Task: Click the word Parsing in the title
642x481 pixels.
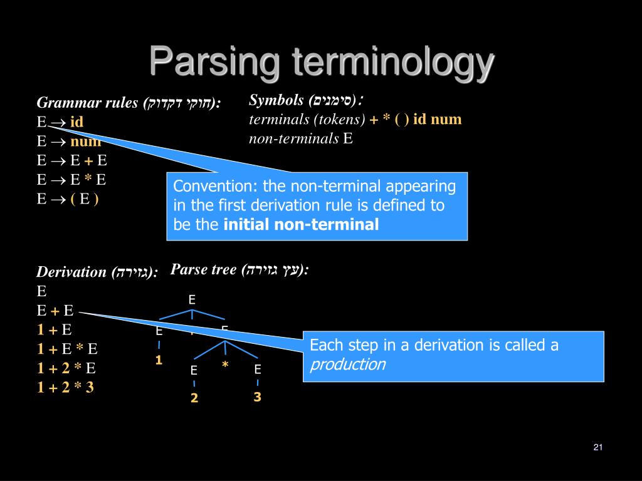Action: [x=214, y=63]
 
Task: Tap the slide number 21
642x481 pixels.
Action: [x=597, y=447]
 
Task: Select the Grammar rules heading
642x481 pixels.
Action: [x=129, y=103]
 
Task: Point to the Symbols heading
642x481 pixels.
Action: [x=307, y=100]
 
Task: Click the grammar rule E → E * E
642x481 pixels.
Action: [x=71, y=180]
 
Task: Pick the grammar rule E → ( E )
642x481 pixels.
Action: [x=68, y=199]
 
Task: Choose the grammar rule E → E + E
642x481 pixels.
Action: [x=71, y=160]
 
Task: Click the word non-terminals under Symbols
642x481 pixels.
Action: [x=293, y=138]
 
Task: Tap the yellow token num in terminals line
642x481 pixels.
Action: [x=446, y=119]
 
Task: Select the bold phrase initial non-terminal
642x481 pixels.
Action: [x=302, y=224]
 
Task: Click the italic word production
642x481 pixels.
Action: [x=348, y=365]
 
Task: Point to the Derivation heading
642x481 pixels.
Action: [x=97, y=272]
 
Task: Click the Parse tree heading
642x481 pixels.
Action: [x=239, y=270]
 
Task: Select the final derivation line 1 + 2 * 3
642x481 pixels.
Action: [x=65, y=387]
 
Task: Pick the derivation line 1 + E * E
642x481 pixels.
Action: [x=67, y=349]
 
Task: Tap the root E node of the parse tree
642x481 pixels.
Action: [x=192, y=300]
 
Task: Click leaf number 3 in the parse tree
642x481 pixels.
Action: [x=257, y=397]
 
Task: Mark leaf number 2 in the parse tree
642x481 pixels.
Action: [x=194, y=398]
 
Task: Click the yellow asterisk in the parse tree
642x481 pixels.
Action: [x=224, y=365]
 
